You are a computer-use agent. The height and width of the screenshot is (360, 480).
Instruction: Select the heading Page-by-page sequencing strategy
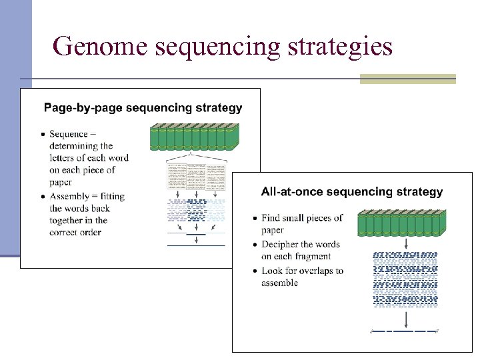click(x=143, y=107)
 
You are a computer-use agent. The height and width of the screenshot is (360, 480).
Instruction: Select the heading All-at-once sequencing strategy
click(x=351, y=192)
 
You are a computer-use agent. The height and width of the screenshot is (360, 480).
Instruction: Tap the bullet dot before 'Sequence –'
click(x=43, y=135)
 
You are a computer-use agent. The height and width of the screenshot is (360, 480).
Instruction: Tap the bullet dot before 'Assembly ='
click(x=43, y=197)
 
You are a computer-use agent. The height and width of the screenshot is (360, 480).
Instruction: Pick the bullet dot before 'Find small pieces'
click(x=255, y=218)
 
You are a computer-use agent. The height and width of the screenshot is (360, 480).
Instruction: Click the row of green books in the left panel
click(x=194, y=137)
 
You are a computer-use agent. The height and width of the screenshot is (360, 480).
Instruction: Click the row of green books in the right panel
click(x=402, y=223)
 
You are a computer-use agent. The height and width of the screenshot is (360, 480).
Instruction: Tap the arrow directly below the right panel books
click(x=406, y=244)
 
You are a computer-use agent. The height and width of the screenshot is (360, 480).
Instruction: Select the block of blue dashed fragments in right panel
click(x=405, y=279)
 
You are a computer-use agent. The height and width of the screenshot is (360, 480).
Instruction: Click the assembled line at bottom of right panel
click(x=405, y=331)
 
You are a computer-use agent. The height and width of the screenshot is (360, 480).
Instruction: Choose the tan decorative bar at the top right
click(x=407, y=79)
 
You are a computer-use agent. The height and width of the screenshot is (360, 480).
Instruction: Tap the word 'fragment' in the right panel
click(x=308, y=256)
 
